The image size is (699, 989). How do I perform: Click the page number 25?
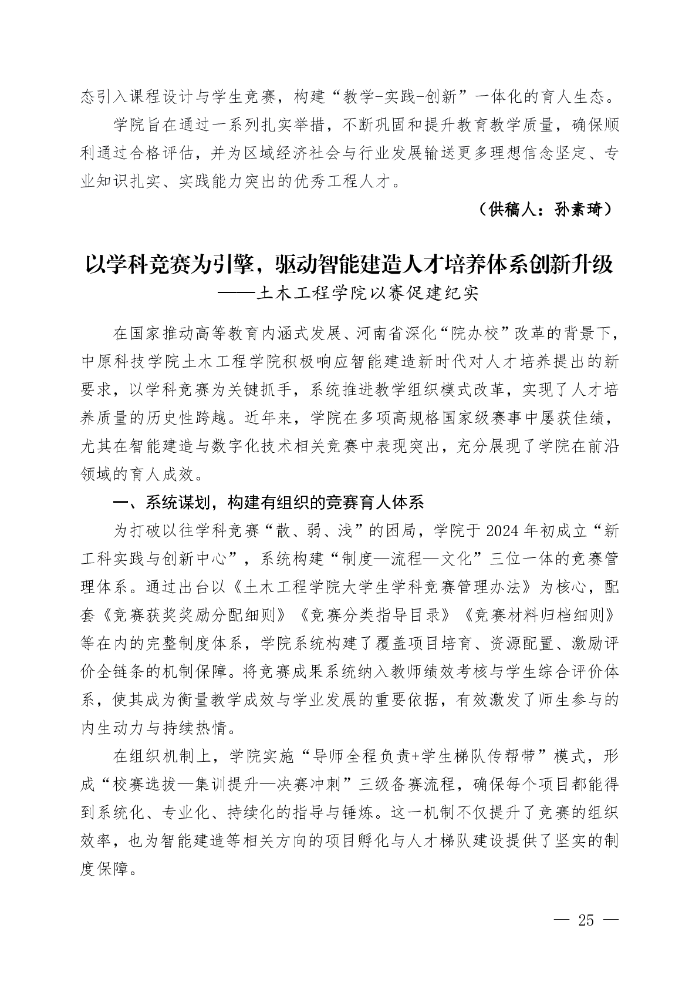[586, 920]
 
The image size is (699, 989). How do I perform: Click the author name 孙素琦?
[578, 210]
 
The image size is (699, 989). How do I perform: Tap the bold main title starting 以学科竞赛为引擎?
[349, 265]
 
